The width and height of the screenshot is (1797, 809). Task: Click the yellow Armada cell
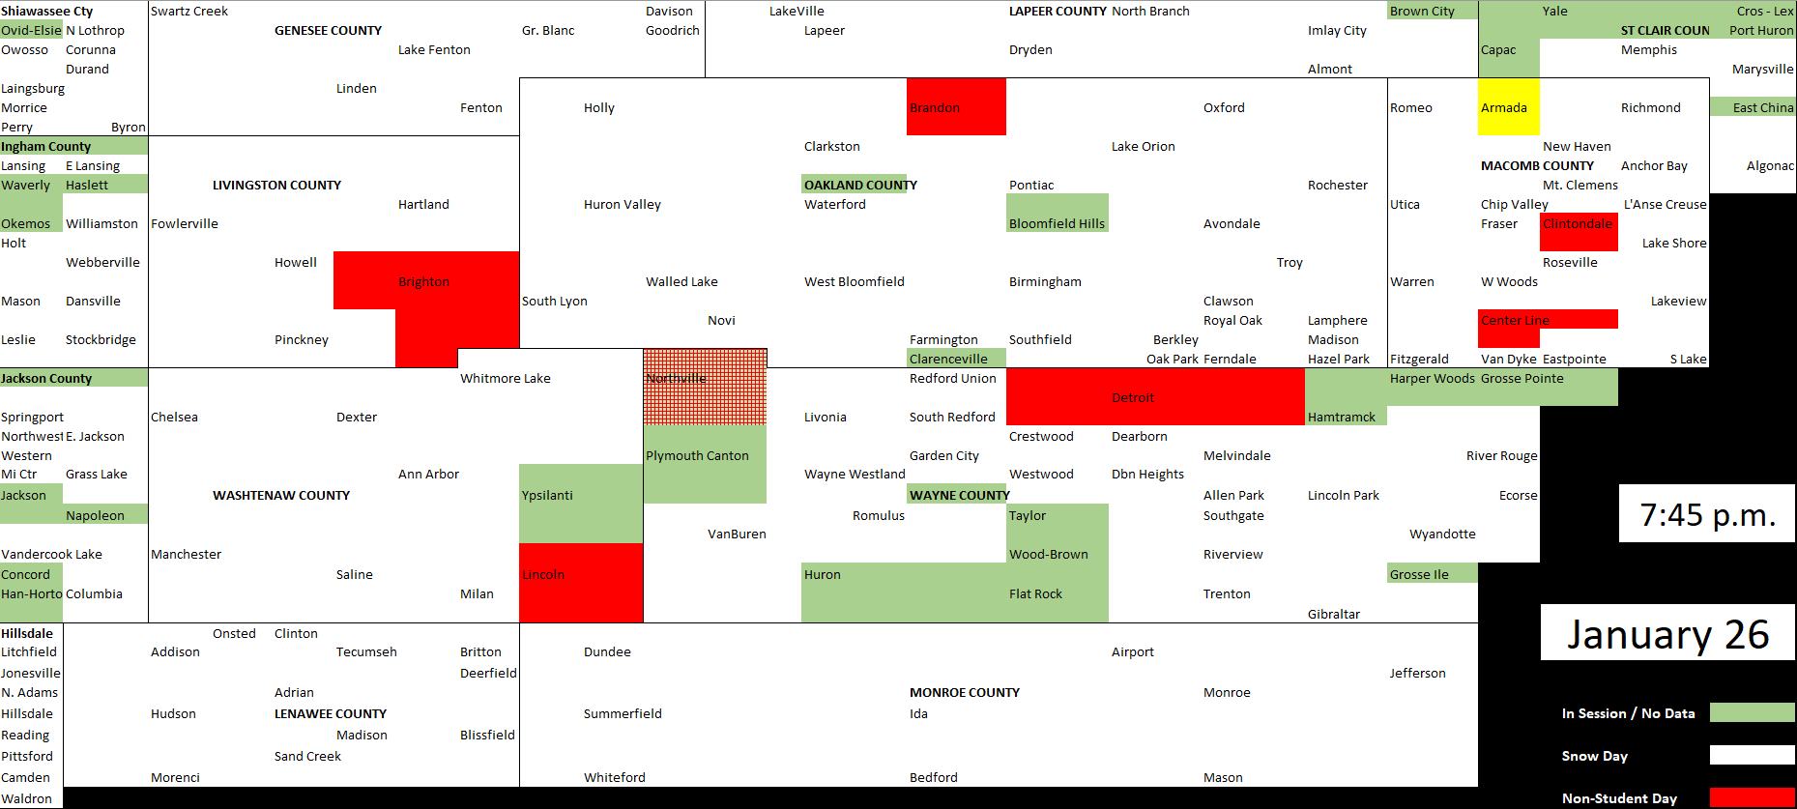click(x=1509, y=107)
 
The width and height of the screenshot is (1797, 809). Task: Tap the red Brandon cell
click(x=956, y=107)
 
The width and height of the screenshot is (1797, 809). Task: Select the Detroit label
click(x=1133, y=397)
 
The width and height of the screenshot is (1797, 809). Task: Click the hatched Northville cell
click(x=705, y=387)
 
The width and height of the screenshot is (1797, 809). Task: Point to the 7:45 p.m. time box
click(x=1707, y=514)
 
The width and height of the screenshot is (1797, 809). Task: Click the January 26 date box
click(x=1667, y=633)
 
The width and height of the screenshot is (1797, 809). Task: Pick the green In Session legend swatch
click(x=1752, y=713)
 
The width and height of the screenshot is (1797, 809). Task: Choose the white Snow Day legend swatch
click(x=1752, y=756)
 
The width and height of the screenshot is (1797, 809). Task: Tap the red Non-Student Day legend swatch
click(x=1752, y=798)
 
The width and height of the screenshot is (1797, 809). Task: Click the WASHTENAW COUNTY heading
click(x=281, y=495)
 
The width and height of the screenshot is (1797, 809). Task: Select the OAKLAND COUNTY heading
click(x=860, y=185)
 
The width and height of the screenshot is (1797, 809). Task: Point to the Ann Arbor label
click(x=428, y=474)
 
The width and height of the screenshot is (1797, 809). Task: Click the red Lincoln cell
click(x=581, y=583)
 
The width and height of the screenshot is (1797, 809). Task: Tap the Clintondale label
click(x=1578, y=223)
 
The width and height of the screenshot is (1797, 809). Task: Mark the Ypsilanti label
click(x=547, y=495)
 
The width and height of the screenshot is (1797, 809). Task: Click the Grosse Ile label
click(x=1419, y=574)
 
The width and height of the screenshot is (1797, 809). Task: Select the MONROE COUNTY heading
click(x=965, y=692)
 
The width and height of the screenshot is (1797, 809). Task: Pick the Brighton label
click(x=423, y=281)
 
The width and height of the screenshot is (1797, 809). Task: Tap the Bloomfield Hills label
click(x=1057, y=223)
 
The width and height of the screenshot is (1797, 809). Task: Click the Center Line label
click(x=1515, y=320)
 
